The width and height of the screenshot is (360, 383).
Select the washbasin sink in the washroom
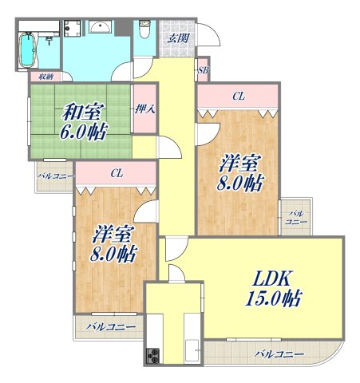[101, 29]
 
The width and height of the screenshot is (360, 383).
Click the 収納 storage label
[42, 77]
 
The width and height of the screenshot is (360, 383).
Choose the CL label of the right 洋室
[238, 97]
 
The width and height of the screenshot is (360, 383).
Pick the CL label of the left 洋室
[117, 172]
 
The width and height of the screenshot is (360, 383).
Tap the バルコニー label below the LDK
[279, 352]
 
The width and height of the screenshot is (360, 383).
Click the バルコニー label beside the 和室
[54, 176]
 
